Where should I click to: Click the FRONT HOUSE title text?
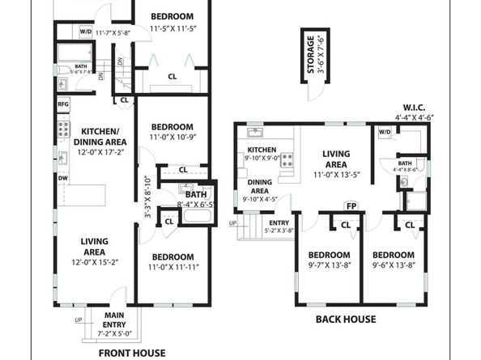coord(131,353)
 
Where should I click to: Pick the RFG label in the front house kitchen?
coord(63,104)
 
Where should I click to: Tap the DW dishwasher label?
coord(62,179)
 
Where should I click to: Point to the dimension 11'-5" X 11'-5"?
coord(172,29)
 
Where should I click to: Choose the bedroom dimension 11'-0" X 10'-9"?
coord(172,138)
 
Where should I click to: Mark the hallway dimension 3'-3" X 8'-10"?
coord(147,197)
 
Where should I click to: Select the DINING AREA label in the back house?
coord(259,187)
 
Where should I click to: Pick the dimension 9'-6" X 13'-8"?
coord(394,264)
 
